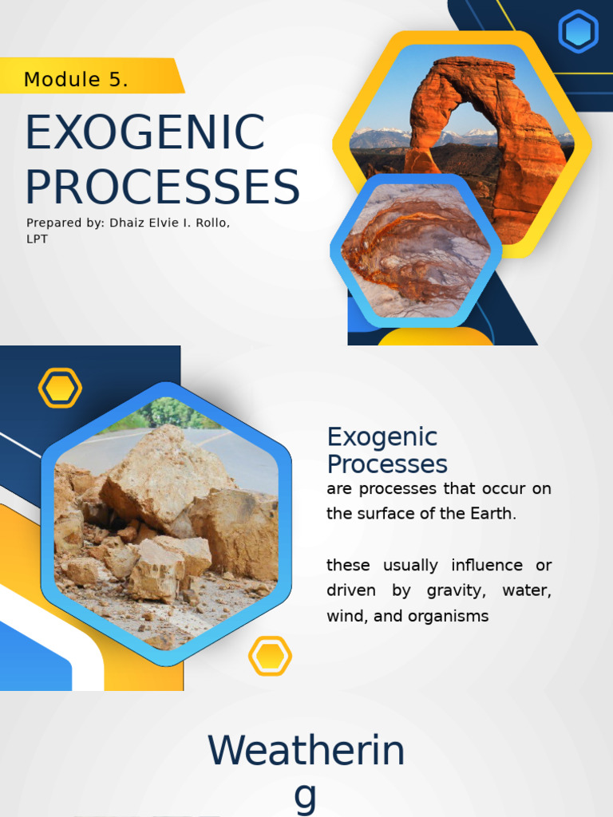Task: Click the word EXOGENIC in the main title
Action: [x=144, y=132]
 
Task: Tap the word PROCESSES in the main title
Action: [x=162, y=187]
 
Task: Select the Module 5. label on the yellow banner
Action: [x=77, y=80]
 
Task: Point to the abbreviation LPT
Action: [x=37, y=239]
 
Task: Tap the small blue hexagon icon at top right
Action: [x=578, y=32]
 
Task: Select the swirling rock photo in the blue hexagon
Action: [x=416, y=250]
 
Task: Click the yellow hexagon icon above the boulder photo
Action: [x=60, y=389]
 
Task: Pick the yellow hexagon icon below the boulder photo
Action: [x=270, y=656]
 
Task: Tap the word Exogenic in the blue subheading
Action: [x=382, y=437]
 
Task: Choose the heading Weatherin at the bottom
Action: [x=306, y=752]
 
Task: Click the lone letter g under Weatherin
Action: [x=306, y=796]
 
